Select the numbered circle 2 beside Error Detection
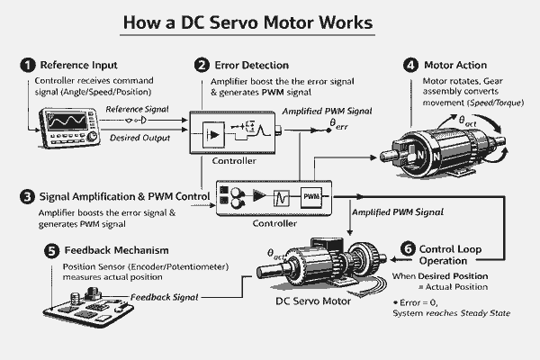203,65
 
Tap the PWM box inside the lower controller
310,196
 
